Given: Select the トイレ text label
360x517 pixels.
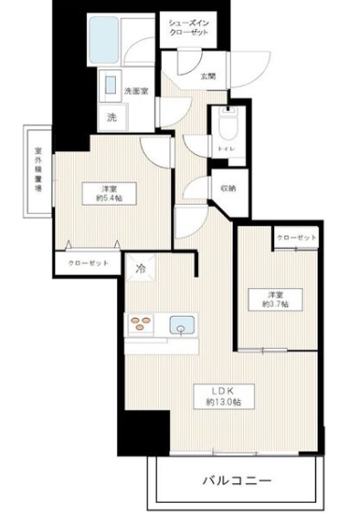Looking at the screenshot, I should tap(225, 148).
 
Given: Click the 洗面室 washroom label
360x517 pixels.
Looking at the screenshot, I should tap(137, 91).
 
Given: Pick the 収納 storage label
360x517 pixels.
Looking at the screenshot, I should tap(228, 188).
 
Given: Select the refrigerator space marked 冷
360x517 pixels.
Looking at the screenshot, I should tap(142, 269).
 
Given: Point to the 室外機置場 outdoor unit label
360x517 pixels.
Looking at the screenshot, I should tap(38, 169).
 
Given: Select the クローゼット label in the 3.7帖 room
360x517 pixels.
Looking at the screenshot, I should tap(296, 239).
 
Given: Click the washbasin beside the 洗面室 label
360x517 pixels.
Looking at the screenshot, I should tap(110, 81).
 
